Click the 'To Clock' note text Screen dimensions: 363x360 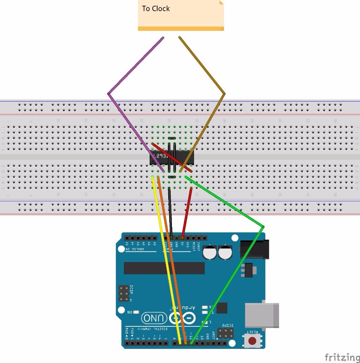point(156,9)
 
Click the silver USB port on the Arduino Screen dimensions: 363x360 point(262,315)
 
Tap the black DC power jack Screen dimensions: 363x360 point(255,249)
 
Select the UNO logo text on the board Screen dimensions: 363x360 point(154,318)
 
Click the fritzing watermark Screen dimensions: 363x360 point(342,357)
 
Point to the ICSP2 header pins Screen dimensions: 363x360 point(225,333)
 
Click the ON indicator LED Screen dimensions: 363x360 point(136,312)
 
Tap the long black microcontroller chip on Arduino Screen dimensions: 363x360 point(164,268)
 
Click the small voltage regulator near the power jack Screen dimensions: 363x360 point(249,270)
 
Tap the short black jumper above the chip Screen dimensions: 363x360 point(172,138)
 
